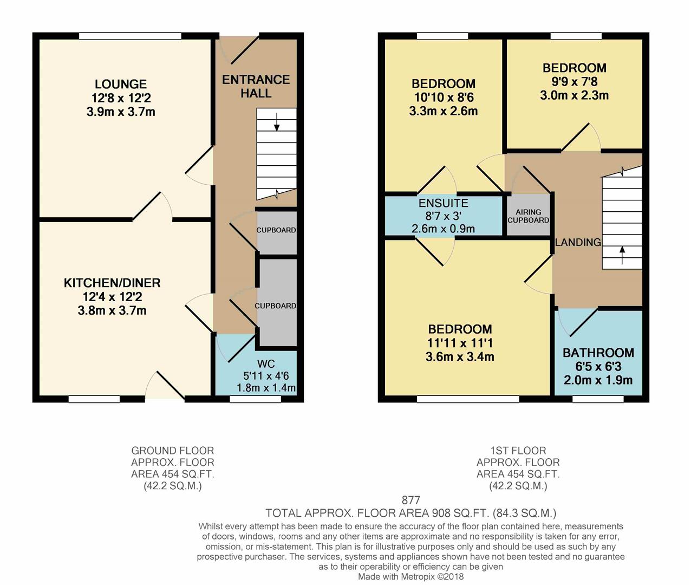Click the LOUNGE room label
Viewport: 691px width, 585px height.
tap(120, 84)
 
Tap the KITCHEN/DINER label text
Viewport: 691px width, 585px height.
tap(112, 283)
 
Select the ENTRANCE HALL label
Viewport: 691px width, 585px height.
tap(256, 86)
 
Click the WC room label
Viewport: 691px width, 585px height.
tap(266, 363)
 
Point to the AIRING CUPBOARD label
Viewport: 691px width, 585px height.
tap(528, 216)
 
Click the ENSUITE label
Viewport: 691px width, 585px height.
tap(443, 203)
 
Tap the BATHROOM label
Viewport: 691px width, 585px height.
tap(598, 353)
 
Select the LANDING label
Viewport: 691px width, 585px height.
tap(578, 242)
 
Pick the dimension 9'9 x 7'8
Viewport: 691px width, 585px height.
tap(574, 82)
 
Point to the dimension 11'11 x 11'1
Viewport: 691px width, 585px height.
tap(460, 343)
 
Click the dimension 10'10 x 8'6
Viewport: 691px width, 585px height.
tap(443, 97)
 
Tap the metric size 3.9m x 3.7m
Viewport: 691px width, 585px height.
tap(120, 112)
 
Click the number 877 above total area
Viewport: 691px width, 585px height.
tap(410, 500)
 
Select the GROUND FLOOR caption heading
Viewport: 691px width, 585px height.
tap(172, 451)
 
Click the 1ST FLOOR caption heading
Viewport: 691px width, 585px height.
tap(518, 451)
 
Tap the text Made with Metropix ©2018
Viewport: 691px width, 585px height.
tap(410, 577)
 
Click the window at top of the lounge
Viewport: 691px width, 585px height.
tap(130, 36)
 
